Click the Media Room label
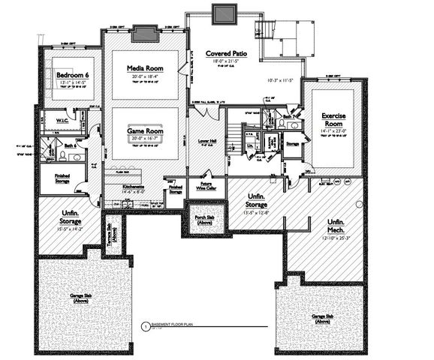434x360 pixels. (x=145, y=68)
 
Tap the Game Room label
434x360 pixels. (x=145, y=130)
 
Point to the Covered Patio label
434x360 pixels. (x=226, y=54)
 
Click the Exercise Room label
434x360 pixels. (x=333, y=120)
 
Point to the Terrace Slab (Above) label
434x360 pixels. (x=110, y=233)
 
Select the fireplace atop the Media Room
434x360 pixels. (x=143, y=32)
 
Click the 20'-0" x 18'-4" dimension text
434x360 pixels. (x=145, y=76)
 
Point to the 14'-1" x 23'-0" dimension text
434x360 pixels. (x=333, y=131)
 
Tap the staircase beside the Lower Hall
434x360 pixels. (x=235, y=139)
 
